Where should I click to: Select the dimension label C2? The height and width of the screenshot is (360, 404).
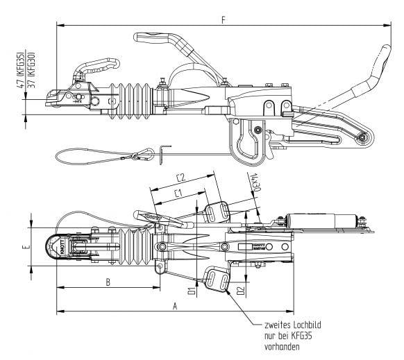(x=180, y=177)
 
